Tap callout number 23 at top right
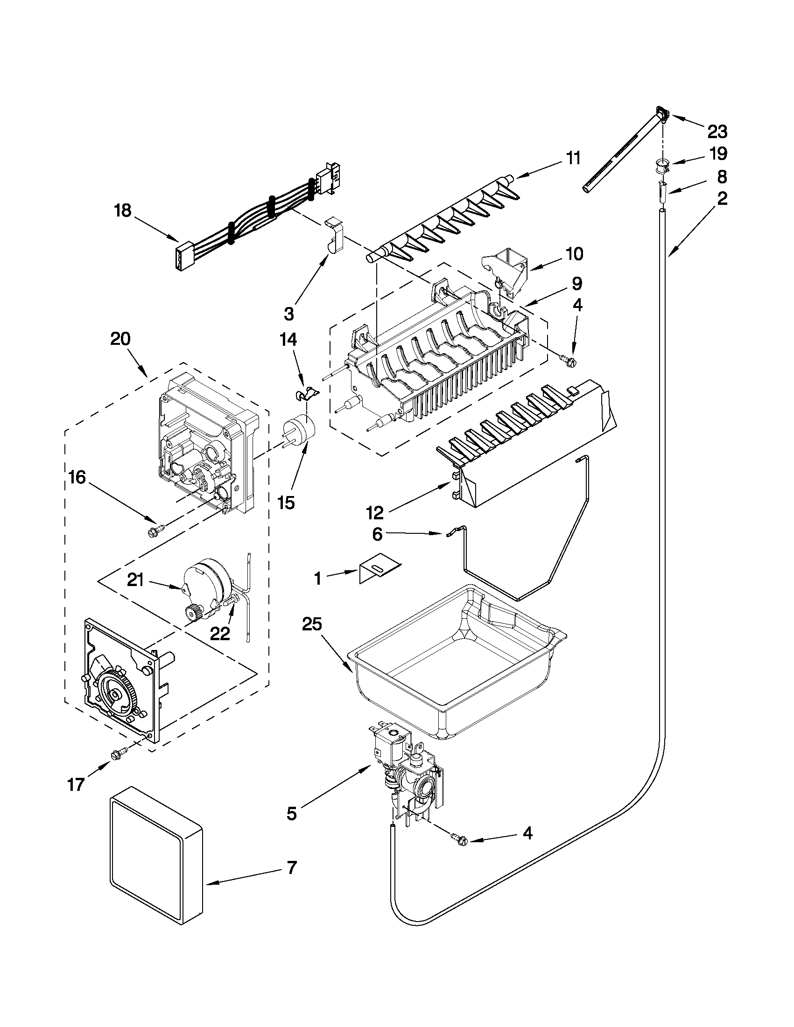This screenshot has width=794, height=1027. coord(717,132)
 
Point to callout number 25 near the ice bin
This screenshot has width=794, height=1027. coord(312,624)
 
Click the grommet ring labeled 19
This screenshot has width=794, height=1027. coord(662,166)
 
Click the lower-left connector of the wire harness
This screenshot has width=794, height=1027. coord(182,256)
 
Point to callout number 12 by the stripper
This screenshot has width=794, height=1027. coord(375,512)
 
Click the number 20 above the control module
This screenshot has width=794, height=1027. coord(120,339)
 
